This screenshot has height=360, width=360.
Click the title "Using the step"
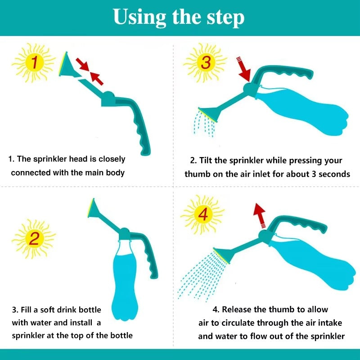click(x=179, y=17)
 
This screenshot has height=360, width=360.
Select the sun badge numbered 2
click(x=34, y=236)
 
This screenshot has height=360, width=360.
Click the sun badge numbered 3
click(x=205, y=63)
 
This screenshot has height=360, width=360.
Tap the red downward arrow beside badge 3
click(x=243, y=69)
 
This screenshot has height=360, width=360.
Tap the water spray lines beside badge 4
click(x=198, y=274)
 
